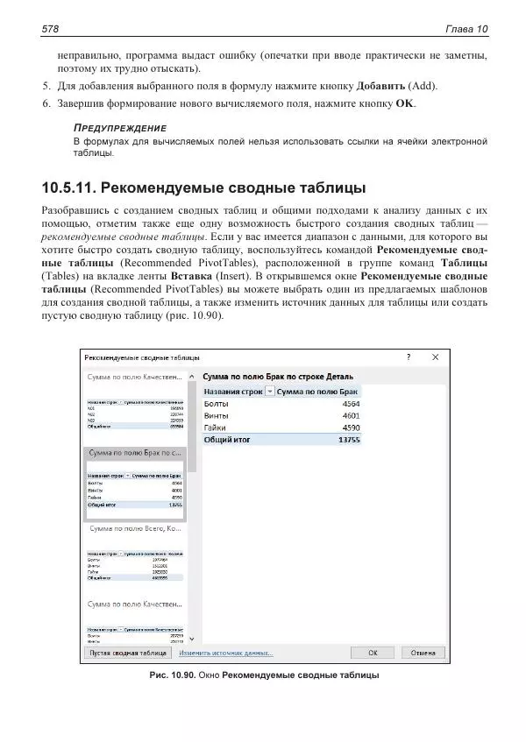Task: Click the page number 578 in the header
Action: [x=49, y=30]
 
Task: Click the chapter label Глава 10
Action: [x=466, y=30]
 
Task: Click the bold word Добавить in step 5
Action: [x=380, y=86]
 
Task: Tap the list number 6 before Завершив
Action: [x=46, y=103]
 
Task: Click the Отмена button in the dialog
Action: [x=423, y=653]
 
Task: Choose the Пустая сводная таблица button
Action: [x=126, y=653]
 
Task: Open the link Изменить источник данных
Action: [x=226, y=653]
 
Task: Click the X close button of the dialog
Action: [x=435, y=357]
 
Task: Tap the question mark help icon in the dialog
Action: [x=408, y=357]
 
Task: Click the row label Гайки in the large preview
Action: [x=215, y=428]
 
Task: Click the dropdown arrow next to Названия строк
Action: [x=268, y=392]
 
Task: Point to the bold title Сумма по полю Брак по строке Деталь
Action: [x=278, y=375]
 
